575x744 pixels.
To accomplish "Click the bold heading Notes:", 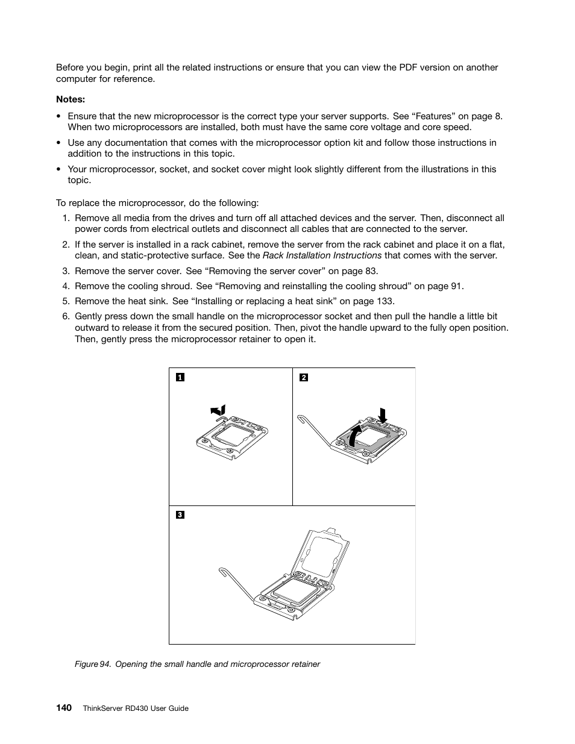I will click(x=70, y=99).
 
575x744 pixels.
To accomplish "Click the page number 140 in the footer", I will click(x=64, y=708).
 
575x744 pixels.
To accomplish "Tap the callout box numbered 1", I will click(x=180, y=378).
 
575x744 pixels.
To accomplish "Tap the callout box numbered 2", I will click(x=303, y=378).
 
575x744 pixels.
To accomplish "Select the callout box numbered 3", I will click(x=180, y=515).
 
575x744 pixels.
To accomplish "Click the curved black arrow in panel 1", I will click(x=218, y=410).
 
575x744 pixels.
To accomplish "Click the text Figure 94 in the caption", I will click(x=92, y=664).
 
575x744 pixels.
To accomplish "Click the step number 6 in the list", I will click(x=65, y=316).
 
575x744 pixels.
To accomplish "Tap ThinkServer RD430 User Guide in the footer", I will click(x=135, y=708).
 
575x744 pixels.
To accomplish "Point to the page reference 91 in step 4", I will click(x=457, y=286).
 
